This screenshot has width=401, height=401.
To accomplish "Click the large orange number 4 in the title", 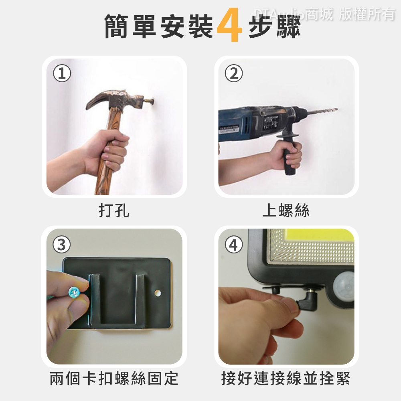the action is (229, 25).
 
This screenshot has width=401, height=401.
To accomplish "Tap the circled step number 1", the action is (62, 73).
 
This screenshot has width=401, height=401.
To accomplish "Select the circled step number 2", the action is (234, 73).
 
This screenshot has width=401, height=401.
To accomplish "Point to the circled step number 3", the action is (62, 245).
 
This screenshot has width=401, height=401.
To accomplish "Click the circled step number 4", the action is (234, 245).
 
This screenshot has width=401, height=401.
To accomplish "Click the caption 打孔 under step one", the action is (114, 210).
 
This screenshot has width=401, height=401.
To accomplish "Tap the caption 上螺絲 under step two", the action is (286, 210).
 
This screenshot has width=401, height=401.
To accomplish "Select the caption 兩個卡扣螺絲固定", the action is (114, 378).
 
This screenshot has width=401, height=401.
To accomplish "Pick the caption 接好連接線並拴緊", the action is (286, 378).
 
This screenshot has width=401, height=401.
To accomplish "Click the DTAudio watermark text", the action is (325, 14).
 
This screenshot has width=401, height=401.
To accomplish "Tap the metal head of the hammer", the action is (115, 100).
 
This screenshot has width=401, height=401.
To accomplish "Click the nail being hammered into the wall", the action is (148, 101).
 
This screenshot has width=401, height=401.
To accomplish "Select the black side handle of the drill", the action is (289, 155).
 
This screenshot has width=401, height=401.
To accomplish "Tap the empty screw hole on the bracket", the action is (158, 293).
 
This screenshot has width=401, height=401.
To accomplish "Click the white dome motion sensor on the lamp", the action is (344, 285).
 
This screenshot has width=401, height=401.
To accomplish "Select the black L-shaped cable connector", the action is (308, 301).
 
